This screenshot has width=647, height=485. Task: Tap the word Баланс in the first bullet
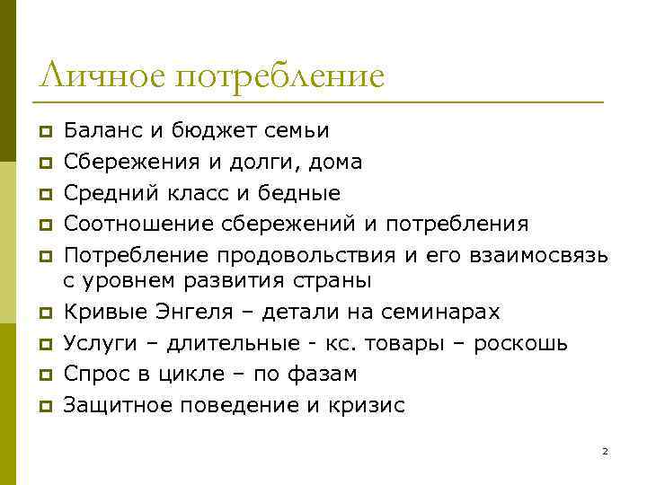coord(102,131)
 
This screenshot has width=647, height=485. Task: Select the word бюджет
coord(214,132)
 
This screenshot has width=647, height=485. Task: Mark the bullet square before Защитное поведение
coord(42,406)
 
